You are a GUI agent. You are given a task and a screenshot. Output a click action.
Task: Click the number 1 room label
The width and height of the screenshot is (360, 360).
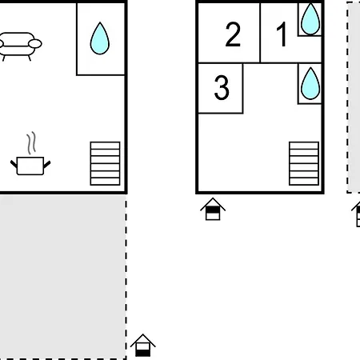[x=282, y=34]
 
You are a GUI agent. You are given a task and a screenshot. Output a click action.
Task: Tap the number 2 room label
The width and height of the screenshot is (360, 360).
[x=233, y=34]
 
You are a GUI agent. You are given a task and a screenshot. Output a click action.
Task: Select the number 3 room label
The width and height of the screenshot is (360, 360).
[x=222, y=87]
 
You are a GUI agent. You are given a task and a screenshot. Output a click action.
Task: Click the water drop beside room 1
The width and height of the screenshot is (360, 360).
[x=310, y=18]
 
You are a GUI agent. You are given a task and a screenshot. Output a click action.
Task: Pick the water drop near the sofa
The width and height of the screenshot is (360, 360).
[x=100, y=38]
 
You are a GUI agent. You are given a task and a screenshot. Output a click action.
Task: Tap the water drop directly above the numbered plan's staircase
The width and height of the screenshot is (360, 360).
[x=310, y=83]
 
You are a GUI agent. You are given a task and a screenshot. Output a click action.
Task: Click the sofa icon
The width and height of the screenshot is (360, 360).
[x=19, y=46]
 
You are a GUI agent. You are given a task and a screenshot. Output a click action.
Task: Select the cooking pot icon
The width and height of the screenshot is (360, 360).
[x=30, y=166]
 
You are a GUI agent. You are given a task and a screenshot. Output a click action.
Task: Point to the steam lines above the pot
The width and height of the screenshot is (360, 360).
[x=31, y=143]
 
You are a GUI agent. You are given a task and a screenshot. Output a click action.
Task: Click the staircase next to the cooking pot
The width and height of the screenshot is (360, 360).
[x=105, y=163]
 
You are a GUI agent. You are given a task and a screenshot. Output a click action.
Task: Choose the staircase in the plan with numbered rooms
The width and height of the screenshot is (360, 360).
[x=304, y=163]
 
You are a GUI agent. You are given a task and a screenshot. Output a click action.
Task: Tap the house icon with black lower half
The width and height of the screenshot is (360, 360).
[x=143, y=345]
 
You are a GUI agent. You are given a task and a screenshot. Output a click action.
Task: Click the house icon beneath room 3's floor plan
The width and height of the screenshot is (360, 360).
[x=213, y=209]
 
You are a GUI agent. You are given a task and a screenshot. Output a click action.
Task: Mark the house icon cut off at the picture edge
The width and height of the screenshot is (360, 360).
[x=356, y=214]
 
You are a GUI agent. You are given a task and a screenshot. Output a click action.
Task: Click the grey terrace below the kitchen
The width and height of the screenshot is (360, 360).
[x=63, y=277]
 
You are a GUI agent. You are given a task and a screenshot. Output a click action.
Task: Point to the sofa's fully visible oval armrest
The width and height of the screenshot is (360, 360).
[x=35, y=43]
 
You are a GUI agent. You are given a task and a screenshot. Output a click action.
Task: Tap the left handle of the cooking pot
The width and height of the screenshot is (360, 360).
[x=14, y=164]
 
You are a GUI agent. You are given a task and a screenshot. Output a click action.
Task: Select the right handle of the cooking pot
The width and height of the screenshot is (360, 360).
[x=46, y=165]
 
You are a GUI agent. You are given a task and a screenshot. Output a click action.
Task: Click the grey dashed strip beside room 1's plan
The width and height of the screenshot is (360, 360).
[x=354, y=97]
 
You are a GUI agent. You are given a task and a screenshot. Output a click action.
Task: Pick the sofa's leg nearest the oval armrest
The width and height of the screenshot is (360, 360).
[x=30, y=58]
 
